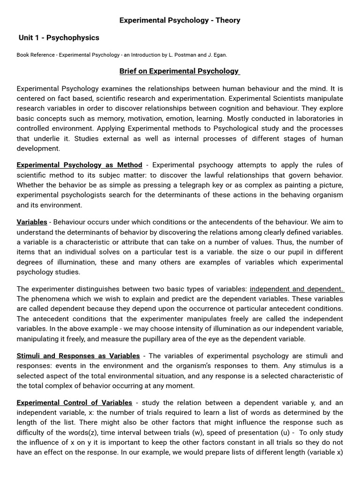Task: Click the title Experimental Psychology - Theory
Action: point(180,20)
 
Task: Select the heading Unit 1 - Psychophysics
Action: point(59,37)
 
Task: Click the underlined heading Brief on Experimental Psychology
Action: point(180,71)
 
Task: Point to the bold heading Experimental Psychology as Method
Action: point(79,165)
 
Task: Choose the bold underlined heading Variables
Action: point(32,222)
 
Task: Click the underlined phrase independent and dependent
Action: point(296,289)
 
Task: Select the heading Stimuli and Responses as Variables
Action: point(78,356)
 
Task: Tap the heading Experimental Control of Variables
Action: point(74,403)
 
